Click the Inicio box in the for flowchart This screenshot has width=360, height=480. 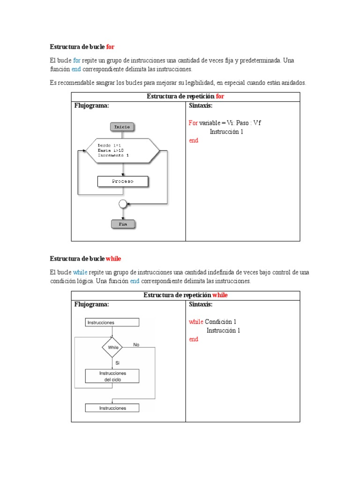(x=122, y=127)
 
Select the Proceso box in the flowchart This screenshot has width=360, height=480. (x=122, y=181)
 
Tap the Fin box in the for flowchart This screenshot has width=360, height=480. (x=122, y=224)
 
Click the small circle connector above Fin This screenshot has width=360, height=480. (x=123, y=204)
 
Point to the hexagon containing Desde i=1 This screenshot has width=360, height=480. (x=122, y=150)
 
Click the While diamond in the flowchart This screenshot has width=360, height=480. (x=112, y=348)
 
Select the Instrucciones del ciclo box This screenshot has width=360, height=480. (x=112, y=376)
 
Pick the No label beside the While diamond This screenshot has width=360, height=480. (x=136, y=345)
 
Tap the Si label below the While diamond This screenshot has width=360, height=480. (x=118, y=363)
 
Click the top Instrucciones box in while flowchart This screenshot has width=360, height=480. (x=112, y=322)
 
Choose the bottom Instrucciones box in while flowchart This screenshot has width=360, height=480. (x=112, y=408)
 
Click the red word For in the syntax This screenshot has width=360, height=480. (x=193, y=123)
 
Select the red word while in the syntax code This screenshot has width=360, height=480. (x=196, y=322)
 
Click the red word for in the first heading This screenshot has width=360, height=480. (x=110, y=47)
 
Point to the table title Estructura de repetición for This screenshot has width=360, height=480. (x=185, y=96)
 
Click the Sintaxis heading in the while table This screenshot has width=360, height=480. (x=201, y=305)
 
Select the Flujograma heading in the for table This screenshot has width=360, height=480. (x=92, y=105)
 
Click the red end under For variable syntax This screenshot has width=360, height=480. (x=194, y=140)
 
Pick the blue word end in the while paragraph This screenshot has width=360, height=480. (x=135, y=281)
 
